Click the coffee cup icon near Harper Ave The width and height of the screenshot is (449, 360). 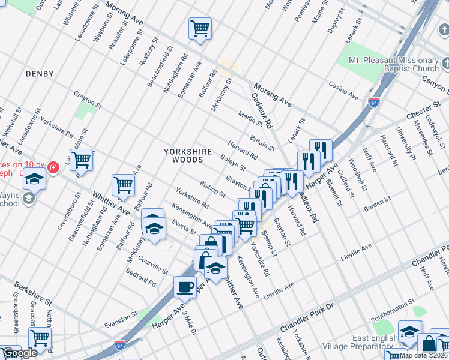pyautogui.click(x=185, y=286)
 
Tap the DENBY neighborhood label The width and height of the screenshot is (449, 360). pyautogui.click(x=40, y=74)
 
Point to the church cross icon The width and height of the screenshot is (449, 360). pyautogui.click(x=445, y=63)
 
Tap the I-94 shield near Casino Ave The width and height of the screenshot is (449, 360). pyautogui.click(x=374, y=101)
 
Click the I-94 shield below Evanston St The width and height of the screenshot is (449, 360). pyautogui.click(x=121, y=345)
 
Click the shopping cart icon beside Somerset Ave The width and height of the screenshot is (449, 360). pyautogui.click(x=123, y=185)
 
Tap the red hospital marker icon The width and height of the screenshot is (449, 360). pyautogui.click(x=53, y=167)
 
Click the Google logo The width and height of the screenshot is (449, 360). pyautogui.click(x=19, y=353)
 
